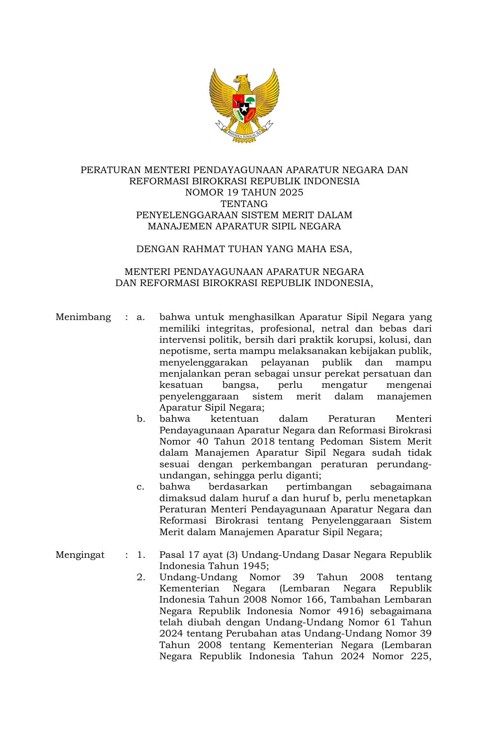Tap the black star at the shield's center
(x=244, y=108)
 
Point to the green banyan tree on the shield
(x=250, y=101)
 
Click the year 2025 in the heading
(x=292, y=192)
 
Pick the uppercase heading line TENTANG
(x=244, y=204)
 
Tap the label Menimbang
(x=83, y=317)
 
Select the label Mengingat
(x=80, y=555)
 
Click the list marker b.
(x=141, y=419)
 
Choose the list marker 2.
(x=141, y=577)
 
